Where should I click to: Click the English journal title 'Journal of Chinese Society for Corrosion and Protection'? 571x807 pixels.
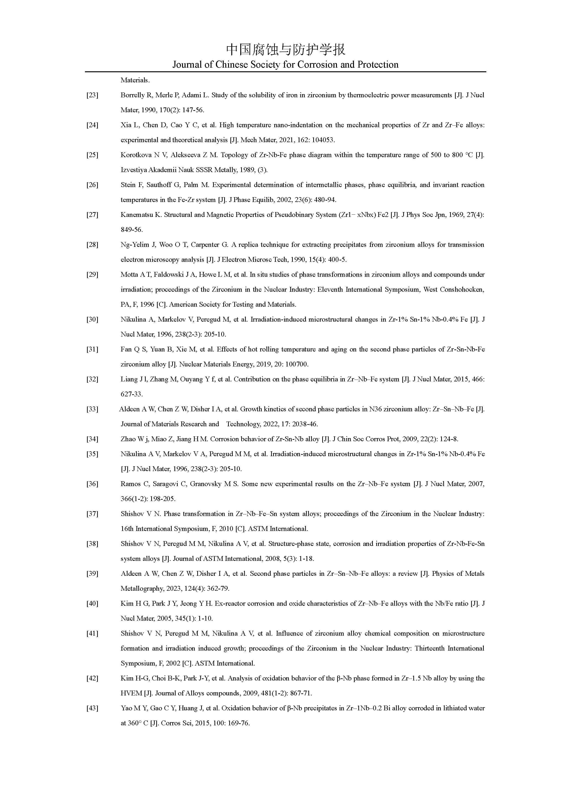[x=285, y=65]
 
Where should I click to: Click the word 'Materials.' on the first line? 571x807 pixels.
[x=135, y=80]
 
